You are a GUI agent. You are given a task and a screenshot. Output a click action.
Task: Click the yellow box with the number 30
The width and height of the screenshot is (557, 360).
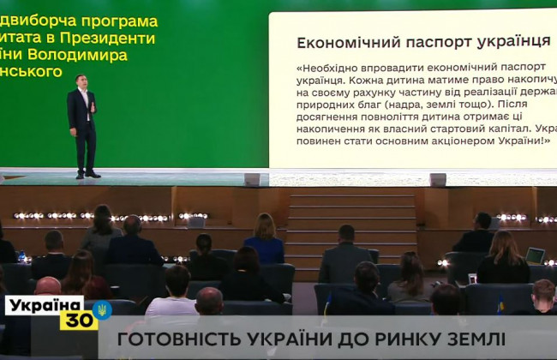(x=79, y=321)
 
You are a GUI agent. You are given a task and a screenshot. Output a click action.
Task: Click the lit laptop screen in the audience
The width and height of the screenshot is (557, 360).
(x=535, y=255)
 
